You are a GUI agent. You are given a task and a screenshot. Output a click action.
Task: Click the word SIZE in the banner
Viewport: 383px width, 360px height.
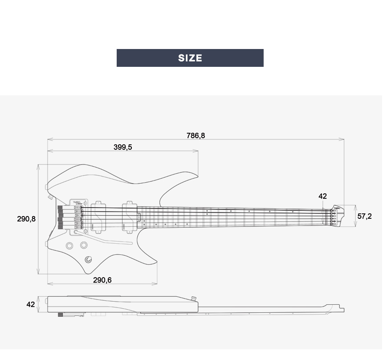coord(190,58)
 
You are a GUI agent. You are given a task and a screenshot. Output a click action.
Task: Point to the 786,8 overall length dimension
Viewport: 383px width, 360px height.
coord(196,135)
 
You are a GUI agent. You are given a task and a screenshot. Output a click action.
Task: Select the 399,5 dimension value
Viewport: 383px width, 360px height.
coord(122,147)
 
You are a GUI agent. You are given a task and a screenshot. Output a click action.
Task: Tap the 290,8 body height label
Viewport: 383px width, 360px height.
coord(26,219)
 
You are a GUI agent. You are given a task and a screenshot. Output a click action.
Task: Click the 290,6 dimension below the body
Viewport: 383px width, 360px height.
coord(102,280)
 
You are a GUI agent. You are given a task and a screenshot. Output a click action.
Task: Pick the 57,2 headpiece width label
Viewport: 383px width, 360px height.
coord(364,216)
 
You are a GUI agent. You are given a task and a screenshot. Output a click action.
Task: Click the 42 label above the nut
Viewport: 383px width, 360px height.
coord(322,196)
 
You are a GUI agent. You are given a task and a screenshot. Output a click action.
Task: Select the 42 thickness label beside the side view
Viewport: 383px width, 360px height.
coord(30,305)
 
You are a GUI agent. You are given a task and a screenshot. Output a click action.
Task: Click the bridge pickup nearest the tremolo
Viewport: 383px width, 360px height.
coord(98,217)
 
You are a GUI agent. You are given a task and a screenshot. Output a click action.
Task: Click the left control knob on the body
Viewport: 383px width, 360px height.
coord(70,245)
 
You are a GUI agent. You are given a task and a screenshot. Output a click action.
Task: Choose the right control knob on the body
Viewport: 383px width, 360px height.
coord(84,245)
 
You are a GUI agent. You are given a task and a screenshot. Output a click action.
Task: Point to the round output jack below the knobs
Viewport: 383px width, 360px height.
coord(89,260)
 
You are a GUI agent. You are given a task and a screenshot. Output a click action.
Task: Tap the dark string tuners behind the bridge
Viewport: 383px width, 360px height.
coord(60,217)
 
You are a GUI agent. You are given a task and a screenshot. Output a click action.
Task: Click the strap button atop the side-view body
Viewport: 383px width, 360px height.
coord(194,298)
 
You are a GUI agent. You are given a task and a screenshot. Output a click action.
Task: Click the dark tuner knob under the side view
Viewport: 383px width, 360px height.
coord(60,315)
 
